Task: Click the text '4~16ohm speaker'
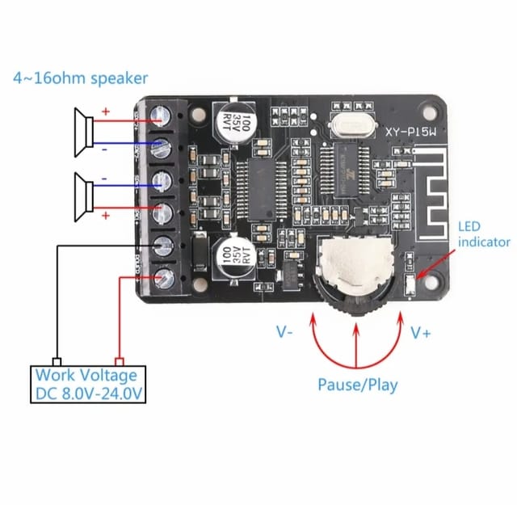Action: pyautogui.click(x=80, y=78)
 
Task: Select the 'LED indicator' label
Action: pyautogui.click(x=483, y=234)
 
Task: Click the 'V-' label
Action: pyautogui.click(x=285, y=332)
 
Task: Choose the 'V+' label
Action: pyautogui.click(x=421, y=332)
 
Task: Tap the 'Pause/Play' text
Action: pyautogui.click(x=357, y=385)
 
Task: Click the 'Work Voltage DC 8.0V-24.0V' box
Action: pyautogui.click(x=86, y=385)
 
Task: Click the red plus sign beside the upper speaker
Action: pyautogui.click(x=105, y=112)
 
